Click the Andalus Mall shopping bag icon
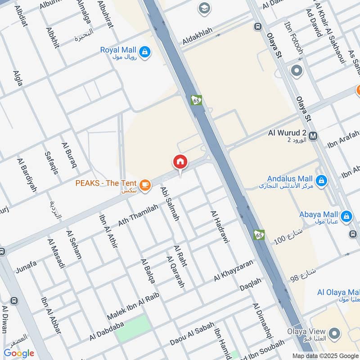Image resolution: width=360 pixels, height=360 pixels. (x=321, y=181)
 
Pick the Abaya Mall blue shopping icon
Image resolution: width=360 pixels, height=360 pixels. (x=346, y=216)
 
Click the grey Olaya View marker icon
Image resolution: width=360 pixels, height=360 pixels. (x=333, y=333)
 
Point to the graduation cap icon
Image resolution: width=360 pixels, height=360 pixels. (x=204, y=8)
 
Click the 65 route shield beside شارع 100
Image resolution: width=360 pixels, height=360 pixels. (x=258, y=234)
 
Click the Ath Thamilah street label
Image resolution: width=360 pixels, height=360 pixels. (x=139, y=215)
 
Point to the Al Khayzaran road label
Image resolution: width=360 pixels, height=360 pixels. (x=234, y=270)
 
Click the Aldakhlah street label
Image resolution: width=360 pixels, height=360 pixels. (x=197, y=39)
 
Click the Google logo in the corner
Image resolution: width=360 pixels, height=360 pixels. (x=18, y=353)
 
